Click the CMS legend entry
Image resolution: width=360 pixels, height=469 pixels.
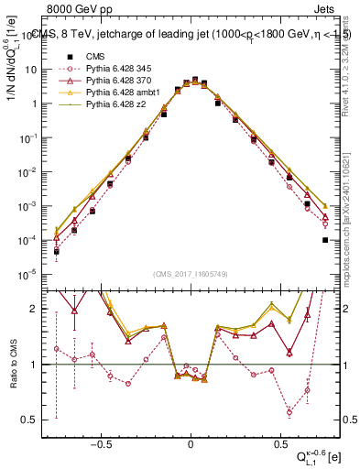pyautogui.click(x=94, y=54)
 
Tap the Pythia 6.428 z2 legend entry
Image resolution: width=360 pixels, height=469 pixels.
pyautogui.click(x=113, y=105)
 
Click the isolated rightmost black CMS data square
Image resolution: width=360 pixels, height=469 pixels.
pyautogui.click(x=325, y=240)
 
